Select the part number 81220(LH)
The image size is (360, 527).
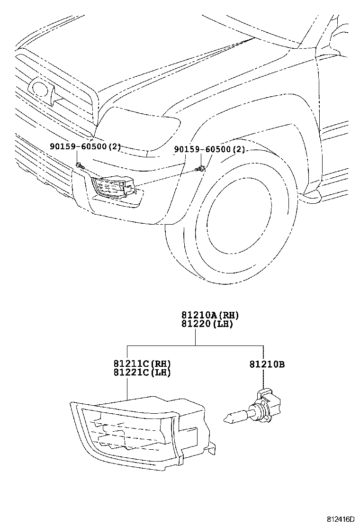207,324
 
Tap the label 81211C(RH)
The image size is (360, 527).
142,364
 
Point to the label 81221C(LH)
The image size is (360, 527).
142,373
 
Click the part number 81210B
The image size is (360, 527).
267,364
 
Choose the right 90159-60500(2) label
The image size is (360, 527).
209,150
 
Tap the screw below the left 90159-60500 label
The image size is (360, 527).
79,165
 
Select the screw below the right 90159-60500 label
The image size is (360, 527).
202,168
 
